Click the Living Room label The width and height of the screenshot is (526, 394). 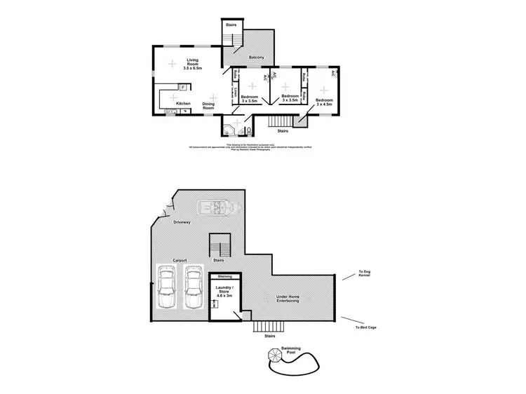coord(187,64)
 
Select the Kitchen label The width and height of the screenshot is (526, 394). coord(183,104)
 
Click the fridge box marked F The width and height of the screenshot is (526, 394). coord(182,87)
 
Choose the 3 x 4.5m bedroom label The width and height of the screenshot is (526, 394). coord(324,103)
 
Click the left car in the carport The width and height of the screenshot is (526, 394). coord(166,287)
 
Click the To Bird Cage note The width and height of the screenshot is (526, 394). coord(365,327)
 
